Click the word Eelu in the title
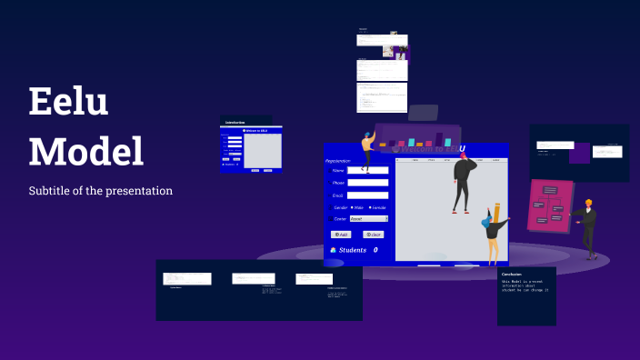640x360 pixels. click(68, 103)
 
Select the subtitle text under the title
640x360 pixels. click(100, 191)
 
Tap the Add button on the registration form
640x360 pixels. click(341, 235)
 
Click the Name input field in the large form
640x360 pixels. click(368, 170)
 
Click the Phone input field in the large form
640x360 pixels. click(368, 183)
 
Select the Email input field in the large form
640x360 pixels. click(368, 195)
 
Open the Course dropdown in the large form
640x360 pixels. click(368, 219)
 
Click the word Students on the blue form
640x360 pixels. click(352, 250)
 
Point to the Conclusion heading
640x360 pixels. click(512, 274)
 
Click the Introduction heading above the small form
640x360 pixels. click(235, 122)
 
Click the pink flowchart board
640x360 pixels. click(549, 207)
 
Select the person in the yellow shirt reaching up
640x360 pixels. click(367, 150)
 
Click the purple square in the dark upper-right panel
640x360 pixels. click(580, 152)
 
